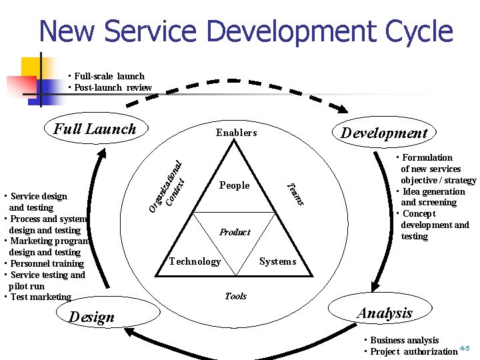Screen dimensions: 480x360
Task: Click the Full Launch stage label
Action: (95, 129)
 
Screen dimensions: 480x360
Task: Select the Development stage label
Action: (384, 133)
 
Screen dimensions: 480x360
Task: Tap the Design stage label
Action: (92, 317)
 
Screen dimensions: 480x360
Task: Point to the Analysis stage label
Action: (385, 313)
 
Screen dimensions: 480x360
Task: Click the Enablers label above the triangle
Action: (236, 133)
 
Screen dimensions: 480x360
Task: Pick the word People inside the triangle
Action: (234, 185)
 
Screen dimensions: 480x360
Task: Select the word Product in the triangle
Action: (235, 232)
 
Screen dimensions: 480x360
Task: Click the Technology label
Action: (195, 261)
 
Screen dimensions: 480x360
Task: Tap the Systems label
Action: (277, 261)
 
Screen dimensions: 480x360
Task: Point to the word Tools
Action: (235, 296)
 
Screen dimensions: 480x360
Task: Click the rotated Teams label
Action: (295, 194)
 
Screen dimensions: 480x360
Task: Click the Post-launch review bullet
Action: (113, 87)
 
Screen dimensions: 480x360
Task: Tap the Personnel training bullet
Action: (47, 263)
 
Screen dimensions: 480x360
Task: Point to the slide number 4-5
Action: (465, 348)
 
